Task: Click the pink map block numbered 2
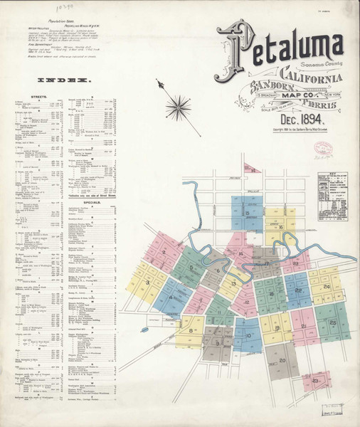(x=164, y=252)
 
